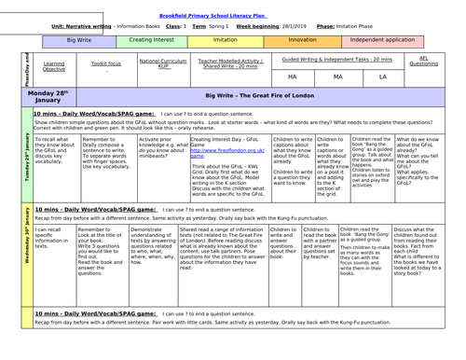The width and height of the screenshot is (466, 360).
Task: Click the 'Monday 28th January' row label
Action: (x=45, y=98)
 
